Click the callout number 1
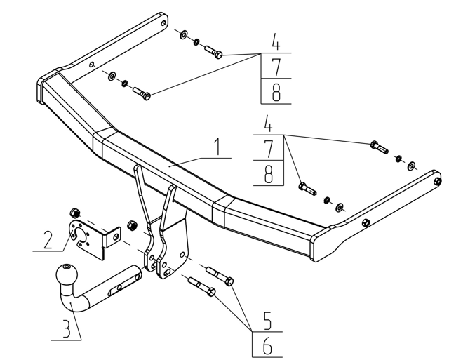218,147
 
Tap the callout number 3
66,329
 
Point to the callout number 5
267,321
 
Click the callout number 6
267,346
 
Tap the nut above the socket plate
75,213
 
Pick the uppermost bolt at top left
213,51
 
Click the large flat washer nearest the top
184,34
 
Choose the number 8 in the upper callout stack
276,93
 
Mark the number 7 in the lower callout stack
268,149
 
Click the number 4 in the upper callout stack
276,41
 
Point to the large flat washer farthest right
412,166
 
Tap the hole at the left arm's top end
163,23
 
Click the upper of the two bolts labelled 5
220,276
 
